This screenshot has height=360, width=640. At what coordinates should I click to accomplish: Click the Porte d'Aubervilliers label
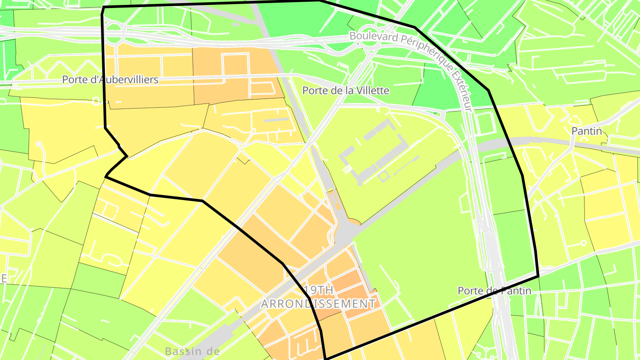pyautogui.click(x=110, y=80)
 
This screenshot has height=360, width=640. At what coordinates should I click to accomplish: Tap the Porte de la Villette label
pyautogui.click(x=345, y=91)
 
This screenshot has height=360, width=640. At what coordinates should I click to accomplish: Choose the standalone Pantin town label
pyautogui.click(x=587, y=131)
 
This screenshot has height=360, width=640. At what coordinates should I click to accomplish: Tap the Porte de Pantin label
pyautogui.click(x=494, y=291)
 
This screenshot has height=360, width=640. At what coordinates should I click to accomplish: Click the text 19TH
pyautogui.click(x=318, y=290)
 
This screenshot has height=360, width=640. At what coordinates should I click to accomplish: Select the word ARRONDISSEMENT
pyautogui.click(x=318, y=304)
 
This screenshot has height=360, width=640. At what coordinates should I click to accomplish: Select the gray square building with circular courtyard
pyautogui.click(x=383, y=176)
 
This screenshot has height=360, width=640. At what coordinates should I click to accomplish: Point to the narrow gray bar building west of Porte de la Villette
pyautogui.click(x=276, y=120)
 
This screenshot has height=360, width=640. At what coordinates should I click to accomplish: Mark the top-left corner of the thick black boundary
pyautogui.click(x=104, y=8)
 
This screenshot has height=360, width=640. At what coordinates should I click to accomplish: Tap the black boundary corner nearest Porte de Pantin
pyautogui.click(x=538, y=276)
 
